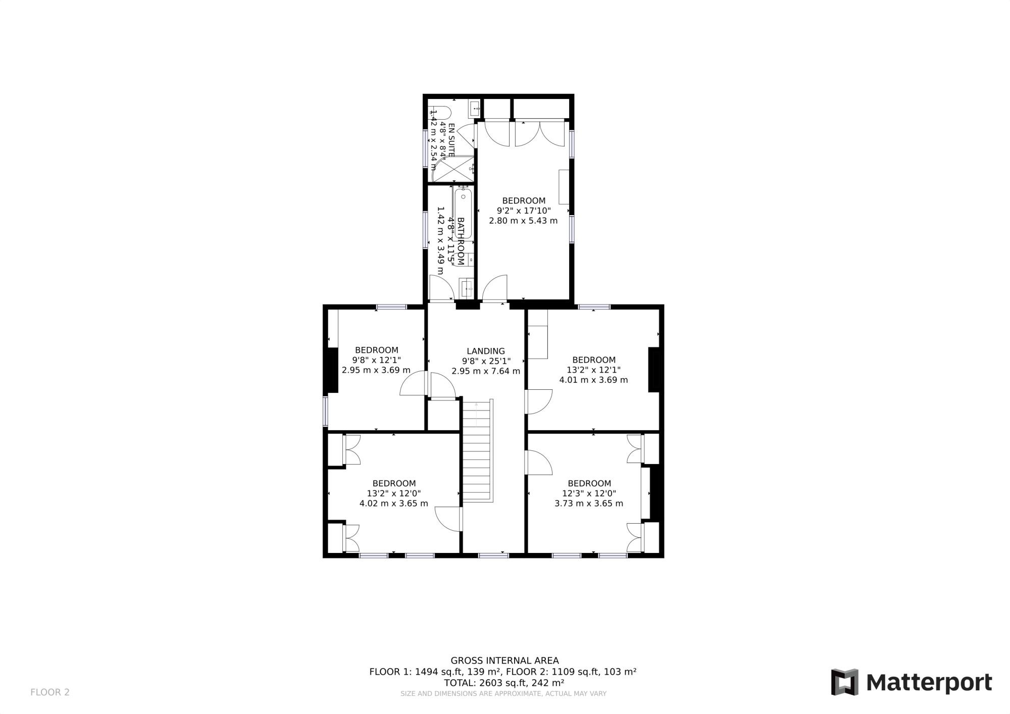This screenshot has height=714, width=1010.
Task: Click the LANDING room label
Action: coord(485,351)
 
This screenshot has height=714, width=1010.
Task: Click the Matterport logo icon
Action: coord(845,682)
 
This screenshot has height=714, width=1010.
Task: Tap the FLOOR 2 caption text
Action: coord(50,692)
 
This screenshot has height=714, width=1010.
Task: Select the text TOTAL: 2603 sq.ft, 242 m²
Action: coord(503,683)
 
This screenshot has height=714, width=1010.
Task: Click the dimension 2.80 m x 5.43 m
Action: coord(523,221)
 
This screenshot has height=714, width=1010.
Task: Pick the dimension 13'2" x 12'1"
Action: coord(593,370)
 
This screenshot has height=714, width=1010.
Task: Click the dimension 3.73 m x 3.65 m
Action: coord(589,503)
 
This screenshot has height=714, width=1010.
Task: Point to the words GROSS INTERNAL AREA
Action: coord(504,660)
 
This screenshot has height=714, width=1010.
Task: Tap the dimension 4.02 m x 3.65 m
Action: coord(393,503)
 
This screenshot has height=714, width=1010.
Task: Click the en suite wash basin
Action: coord(474,108)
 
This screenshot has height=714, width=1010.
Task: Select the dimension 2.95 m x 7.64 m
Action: coord(485,371)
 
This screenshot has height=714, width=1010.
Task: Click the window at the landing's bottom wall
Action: coord(493,556)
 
